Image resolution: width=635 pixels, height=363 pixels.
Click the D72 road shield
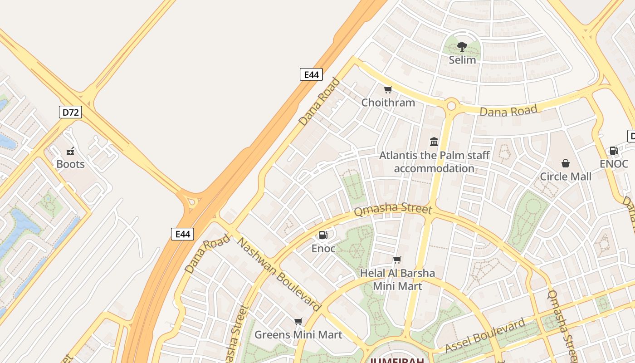point(70,112)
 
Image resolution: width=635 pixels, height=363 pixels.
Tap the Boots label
point(70,164)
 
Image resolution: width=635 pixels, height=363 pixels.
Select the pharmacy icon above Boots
point(70,151)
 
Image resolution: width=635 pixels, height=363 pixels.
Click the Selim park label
point(462,60)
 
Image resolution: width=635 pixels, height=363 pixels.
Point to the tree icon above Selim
point(462,46)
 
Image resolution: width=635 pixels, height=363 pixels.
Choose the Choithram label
point(388,103)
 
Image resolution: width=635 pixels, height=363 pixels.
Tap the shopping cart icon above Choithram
point(388,89)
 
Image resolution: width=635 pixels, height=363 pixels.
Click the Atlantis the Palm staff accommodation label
point(434,162)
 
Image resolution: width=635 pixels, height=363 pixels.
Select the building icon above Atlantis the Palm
point(434,142)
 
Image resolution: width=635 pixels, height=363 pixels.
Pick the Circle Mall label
point(565,177)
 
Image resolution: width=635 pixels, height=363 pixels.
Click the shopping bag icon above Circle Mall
point(566,163)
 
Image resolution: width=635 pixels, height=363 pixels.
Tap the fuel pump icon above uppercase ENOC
point(614,151)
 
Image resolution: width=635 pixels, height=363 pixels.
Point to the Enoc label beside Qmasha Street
point(323,249)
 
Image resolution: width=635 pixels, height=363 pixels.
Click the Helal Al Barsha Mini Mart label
point(397,280)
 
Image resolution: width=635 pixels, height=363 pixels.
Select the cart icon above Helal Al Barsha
point(397,260)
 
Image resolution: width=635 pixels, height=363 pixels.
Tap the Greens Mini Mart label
point(298,335)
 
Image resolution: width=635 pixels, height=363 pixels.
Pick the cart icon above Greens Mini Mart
point(298,322)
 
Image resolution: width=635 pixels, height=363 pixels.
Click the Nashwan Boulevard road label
point(279,275)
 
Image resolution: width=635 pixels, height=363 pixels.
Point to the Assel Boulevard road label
point(485,336)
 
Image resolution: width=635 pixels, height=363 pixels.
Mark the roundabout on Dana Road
point(451,106)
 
